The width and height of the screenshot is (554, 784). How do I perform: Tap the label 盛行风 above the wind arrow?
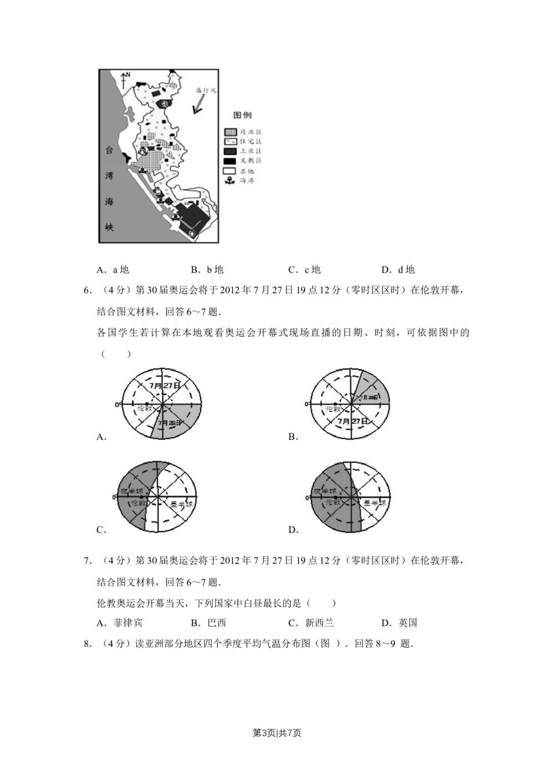(206, 89)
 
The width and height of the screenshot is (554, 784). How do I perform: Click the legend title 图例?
(242, 115)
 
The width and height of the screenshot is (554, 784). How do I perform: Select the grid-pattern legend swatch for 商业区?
(230, 132)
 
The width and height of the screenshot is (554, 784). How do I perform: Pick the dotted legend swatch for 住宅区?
(230, 141)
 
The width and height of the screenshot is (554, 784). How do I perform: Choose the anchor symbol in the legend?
(230, 180)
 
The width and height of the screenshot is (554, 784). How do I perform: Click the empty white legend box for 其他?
(230, 171)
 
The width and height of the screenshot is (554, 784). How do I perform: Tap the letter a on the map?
(164, 103)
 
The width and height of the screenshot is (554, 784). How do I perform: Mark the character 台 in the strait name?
(110, 150)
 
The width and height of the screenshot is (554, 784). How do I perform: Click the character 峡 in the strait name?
(110, 227)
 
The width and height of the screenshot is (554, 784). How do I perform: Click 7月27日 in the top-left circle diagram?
(165, 384)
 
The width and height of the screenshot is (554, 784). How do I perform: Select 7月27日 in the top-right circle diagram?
(353, 421)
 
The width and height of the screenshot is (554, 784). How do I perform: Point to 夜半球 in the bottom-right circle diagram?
(325, 491)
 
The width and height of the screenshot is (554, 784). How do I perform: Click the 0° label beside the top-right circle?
(306, 404)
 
